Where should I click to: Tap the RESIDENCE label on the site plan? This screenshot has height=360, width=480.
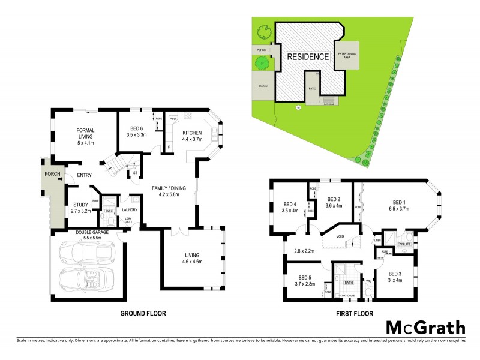pos(307,57)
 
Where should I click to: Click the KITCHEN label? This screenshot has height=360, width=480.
pos(193,136)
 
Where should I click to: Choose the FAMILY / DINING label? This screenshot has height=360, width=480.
pos(161,191)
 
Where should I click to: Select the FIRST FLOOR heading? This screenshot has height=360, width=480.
pos(353,313)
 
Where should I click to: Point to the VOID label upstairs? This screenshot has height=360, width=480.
pos(340,236)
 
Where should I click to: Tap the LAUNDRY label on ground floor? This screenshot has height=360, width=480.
pos(130,209)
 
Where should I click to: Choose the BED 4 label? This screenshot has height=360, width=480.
pos(291,207)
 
